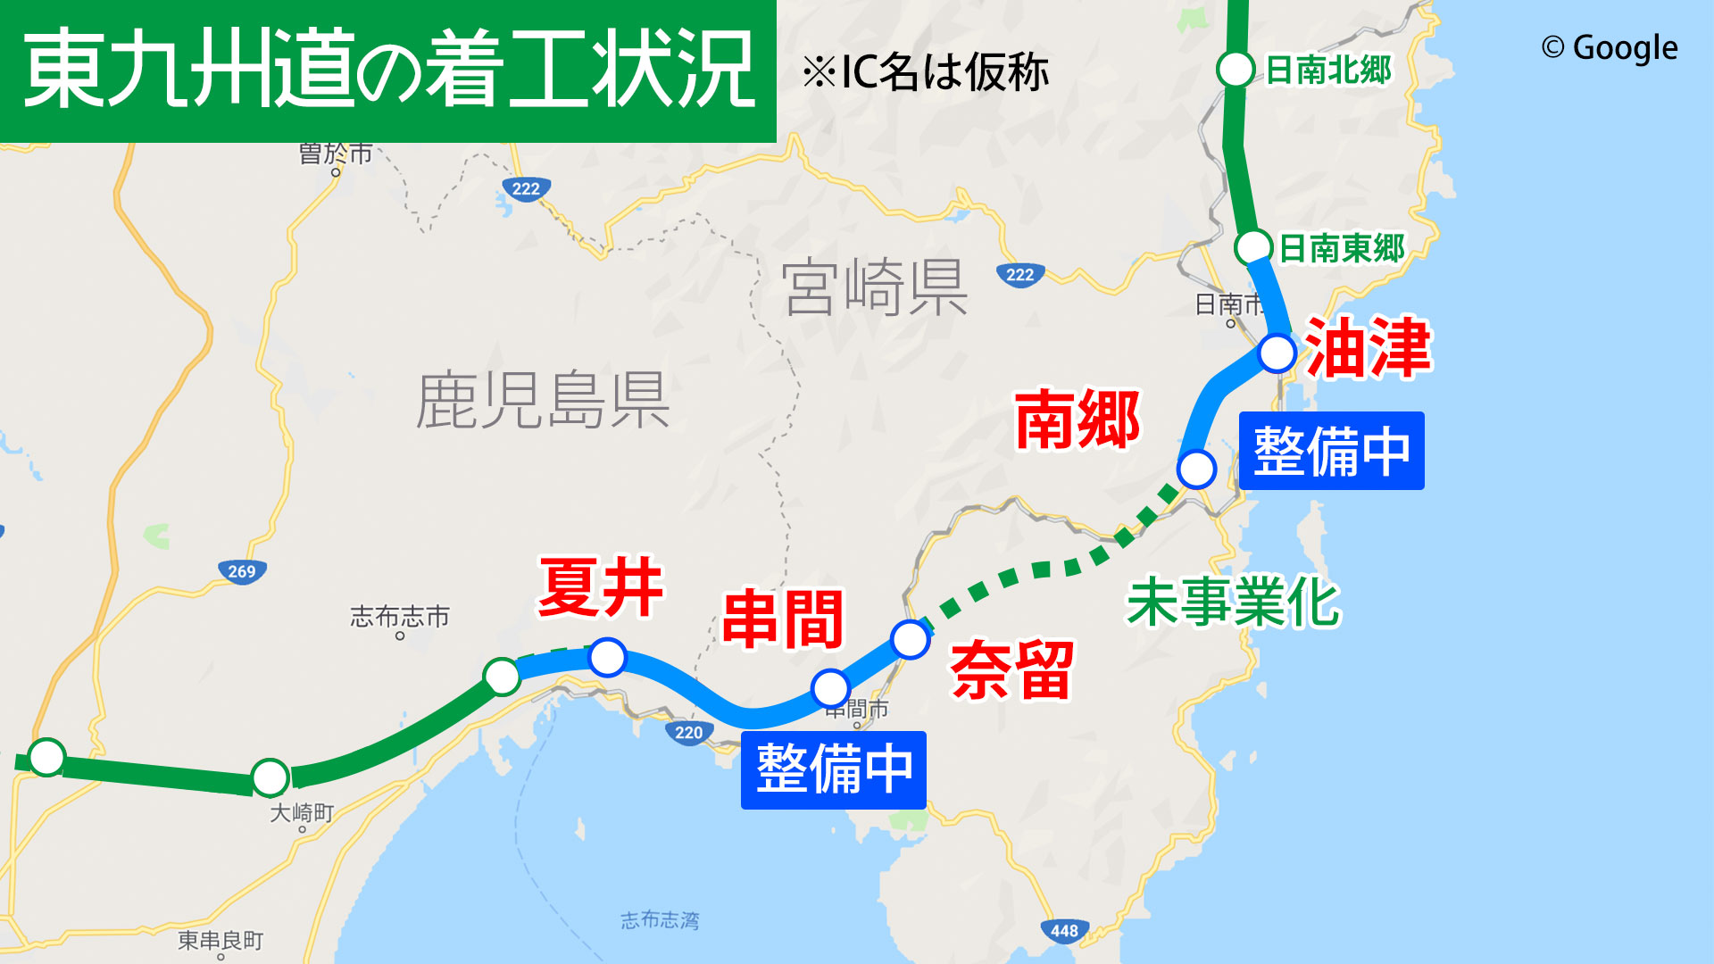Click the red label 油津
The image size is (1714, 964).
[1368, 348]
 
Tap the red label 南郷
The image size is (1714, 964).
[1077, 420]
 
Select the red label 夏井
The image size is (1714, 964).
[601, 587]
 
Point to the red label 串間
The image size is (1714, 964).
[783, 619]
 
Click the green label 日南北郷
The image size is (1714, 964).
[1328, 70]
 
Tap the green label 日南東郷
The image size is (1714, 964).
[1342, 248]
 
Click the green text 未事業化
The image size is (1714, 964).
[1233, 602]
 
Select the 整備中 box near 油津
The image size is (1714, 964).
[1331, 451]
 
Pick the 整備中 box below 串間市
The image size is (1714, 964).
[833, 769]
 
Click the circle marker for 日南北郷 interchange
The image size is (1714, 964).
[1236, 69]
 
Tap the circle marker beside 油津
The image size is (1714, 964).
[1277, 353]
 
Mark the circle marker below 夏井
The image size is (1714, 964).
[608, 658]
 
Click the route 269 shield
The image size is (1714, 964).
[242, 571]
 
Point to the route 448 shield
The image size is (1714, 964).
[1064, 931]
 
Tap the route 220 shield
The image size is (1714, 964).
[688, 733]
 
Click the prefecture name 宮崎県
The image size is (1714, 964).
[875, 287]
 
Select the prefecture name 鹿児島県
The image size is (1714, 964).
[543, 401]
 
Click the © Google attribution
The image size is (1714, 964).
[1609, 48]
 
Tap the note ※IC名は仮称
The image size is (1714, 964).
[925, 72]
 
